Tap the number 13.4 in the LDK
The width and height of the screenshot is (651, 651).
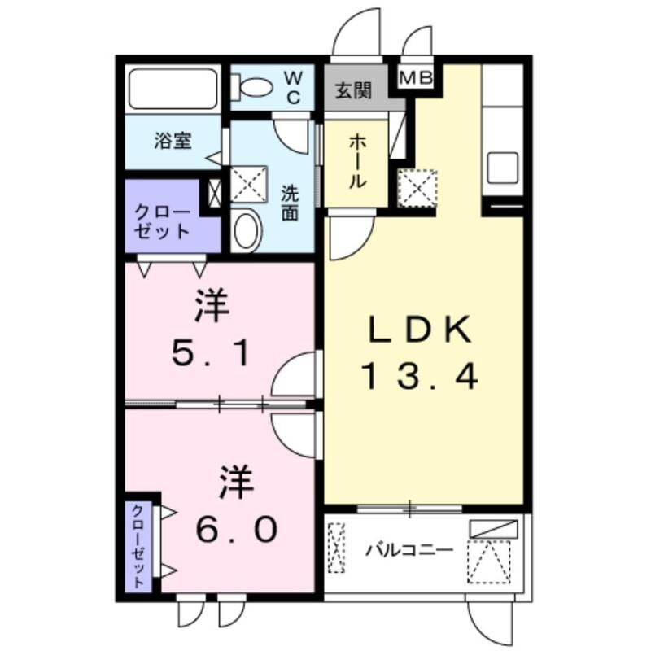420,375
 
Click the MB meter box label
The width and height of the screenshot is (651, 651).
417,78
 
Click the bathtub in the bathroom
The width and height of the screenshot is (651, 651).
173,90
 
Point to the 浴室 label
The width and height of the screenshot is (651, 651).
173,140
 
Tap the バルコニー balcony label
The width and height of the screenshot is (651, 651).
409,550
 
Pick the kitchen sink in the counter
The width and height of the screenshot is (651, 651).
503,168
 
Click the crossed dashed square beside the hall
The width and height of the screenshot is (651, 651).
417,188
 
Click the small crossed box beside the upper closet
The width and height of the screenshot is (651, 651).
213,193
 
